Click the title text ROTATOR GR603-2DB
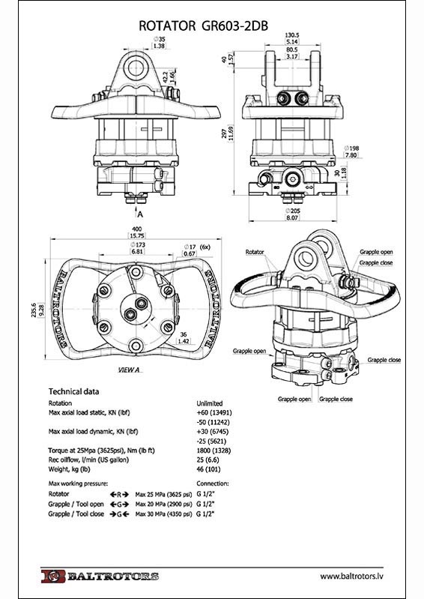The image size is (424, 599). click(x=204, y=25)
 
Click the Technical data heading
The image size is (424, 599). click(x=73, y=391)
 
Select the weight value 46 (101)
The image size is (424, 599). click(x=208, y=469)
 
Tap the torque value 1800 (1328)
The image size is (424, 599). click(x=213, y=451)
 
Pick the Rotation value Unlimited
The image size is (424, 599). click(x=210, y=403)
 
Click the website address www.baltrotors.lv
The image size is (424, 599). click(x=351, y=576)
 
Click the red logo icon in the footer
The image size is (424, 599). click(x=53, y=576)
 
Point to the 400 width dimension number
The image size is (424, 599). click(x=136, y=229)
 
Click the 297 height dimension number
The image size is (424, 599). click(x=225, y=133)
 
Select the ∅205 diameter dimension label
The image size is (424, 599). click(x=293, y=211)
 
